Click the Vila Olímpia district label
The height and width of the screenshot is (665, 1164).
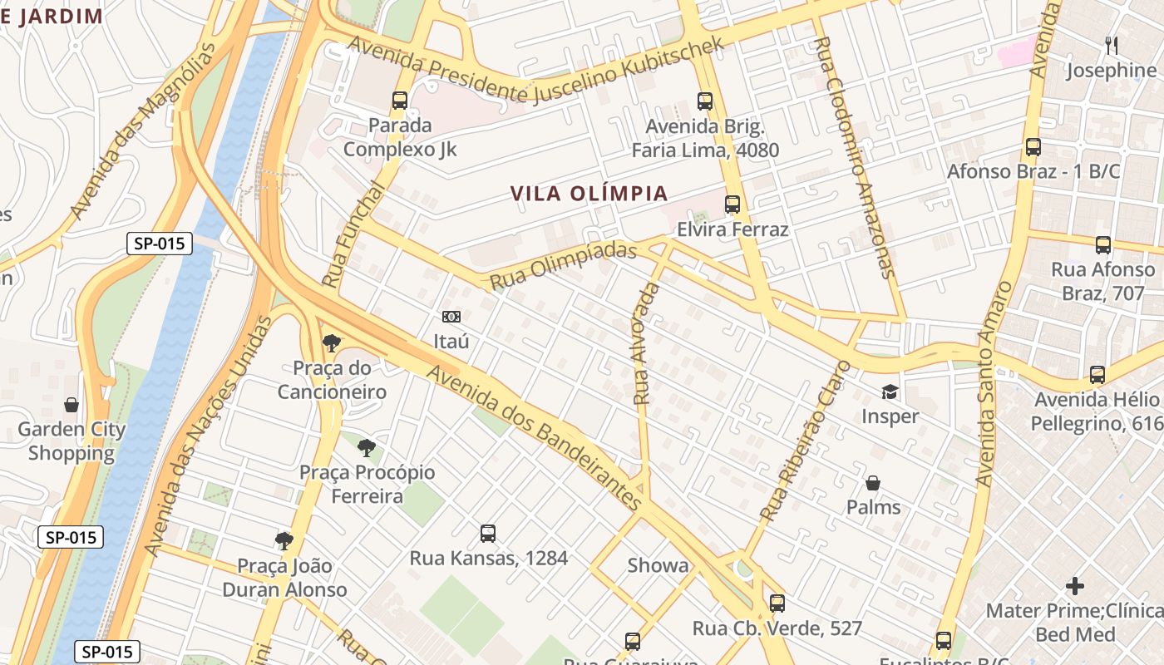tap(589, 194)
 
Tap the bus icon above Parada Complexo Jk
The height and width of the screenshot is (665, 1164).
tap(400, 101)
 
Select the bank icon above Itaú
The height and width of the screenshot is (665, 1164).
tap(451, 317)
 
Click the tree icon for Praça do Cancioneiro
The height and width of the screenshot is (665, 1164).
tap(332, 342)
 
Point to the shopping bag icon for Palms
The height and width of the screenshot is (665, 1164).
tap(873, 483)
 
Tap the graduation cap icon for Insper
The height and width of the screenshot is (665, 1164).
tap(890, 392)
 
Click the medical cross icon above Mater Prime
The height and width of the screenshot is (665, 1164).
tap(1075, 586)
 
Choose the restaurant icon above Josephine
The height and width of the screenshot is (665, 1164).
tap(1112, 45)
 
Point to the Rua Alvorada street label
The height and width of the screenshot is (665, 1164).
tap(646, 343)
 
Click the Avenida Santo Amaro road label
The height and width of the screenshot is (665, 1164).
tap(994, 383)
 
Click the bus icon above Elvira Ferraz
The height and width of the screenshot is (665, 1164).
tap(732, 204)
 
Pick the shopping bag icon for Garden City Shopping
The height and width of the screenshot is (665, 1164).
tap(72, 405)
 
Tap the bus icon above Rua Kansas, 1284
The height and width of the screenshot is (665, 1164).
tap(488, 534)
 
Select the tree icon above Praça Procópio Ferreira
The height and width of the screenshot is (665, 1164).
tap(367, 448)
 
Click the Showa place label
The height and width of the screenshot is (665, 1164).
tap(658, 566)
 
